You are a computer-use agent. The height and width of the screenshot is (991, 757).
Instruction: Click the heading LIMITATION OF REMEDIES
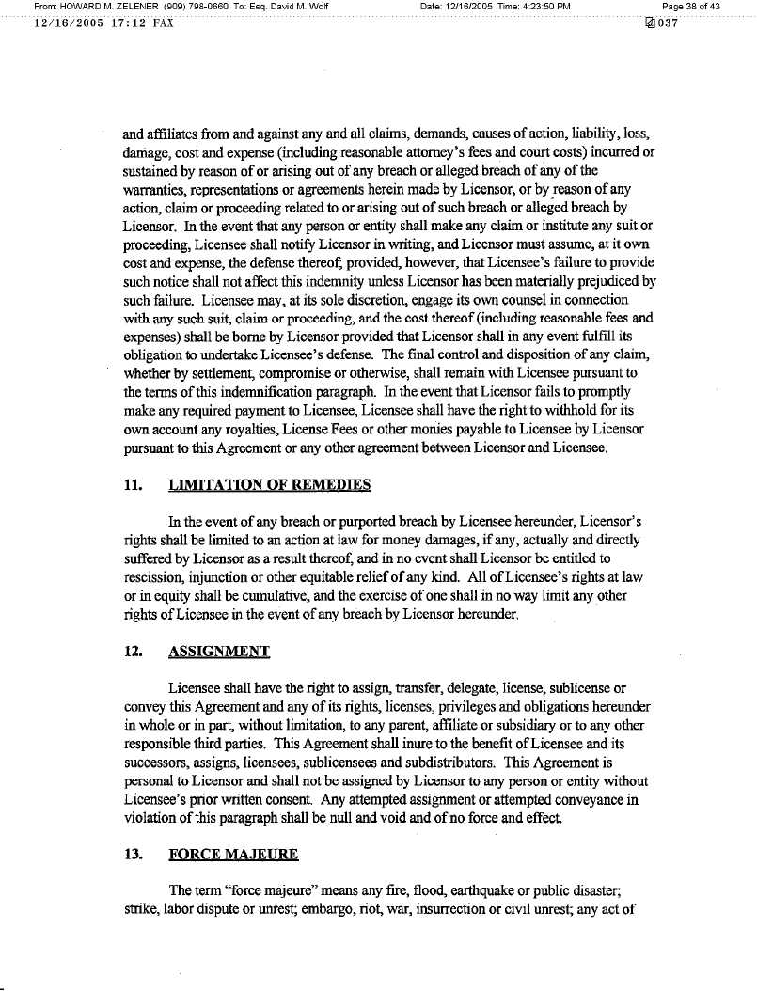coord(269,485)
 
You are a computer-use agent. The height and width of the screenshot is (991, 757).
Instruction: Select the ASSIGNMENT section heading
coord(219,651)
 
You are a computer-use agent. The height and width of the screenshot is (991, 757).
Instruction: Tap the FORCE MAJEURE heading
coord(233,854)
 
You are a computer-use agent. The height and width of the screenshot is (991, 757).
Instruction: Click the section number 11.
coord(133,485)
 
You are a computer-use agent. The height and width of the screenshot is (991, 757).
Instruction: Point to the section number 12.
coord(133,651)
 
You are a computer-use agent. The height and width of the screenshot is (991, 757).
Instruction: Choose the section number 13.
coord(133,854)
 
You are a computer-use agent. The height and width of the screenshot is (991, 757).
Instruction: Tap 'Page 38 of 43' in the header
coord(691,8)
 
